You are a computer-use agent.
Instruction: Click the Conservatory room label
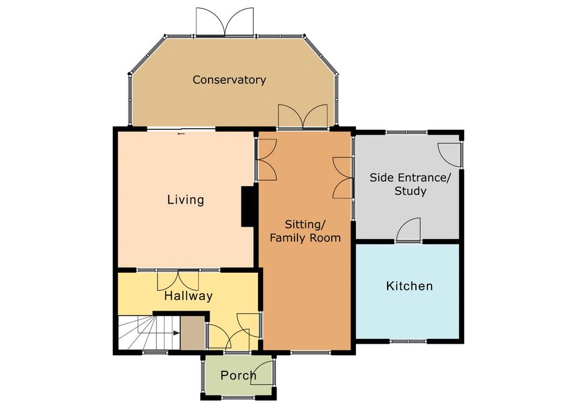(x=229, y=80)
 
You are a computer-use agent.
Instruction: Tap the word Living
(x=186, y=199)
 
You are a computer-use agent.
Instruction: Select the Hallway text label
(x=188, y=296)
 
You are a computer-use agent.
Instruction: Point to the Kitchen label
(x=409, y=286)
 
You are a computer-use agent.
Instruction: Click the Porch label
(x=238, y=376)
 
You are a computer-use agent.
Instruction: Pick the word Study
(x=411, y=191)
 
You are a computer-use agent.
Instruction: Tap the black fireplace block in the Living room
(x=248, y=206)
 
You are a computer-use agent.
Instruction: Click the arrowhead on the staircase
(x=177, y=333)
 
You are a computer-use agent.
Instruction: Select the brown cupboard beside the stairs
(x=192, y=333)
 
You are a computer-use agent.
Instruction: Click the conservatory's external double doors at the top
(x=224, y=22)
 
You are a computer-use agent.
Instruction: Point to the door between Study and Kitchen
(x=409, y=230)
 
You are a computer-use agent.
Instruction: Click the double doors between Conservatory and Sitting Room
(x=303, y=117)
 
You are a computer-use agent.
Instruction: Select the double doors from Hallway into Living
(x=178, y=281)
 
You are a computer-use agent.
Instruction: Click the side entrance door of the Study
(x=449, y=155)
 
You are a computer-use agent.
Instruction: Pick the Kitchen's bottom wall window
(x=409, y=341)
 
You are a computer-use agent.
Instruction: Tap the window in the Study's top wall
(x=407, y=132)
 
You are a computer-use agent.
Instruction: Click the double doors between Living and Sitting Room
(x=266, y=160)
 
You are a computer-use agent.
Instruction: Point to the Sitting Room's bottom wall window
(x=311, y=352)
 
